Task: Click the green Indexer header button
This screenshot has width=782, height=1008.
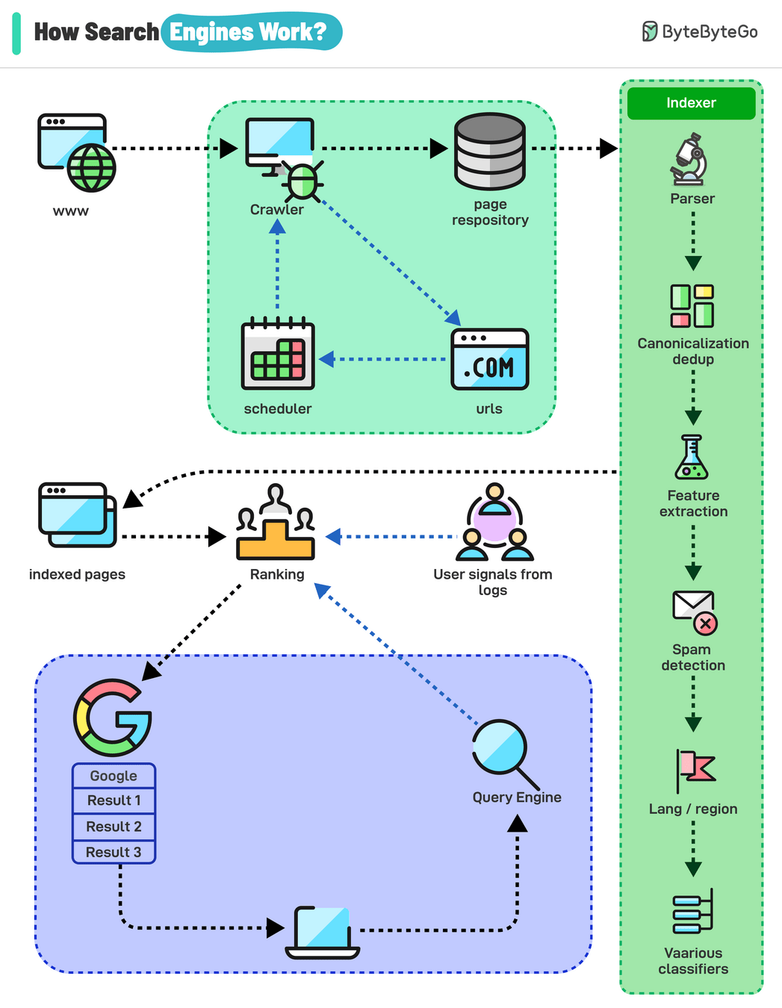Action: (691, 103)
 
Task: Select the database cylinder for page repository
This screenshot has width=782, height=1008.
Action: (490, 152)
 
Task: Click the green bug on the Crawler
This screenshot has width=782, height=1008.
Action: (302, 181)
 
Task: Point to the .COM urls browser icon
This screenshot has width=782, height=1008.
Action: (490, 359)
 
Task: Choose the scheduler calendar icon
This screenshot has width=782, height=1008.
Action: (278, 355)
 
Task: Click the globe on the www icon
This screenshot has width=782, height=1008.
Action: (92, 168)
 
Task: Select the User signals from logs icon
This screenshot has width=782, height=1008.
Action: (494, 523)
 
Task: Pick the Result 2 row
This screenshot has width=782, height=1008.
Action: (114, 827)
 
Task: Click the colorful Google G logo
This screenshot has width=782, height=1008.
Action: (113, 718)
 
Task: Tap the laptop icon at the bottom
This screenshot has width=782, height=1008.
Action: (323, 933)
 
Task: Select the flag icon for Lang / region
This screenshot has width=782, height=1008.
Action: (695, 770)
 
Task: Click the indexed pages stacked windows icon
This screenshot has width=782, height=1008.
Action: (77, 515)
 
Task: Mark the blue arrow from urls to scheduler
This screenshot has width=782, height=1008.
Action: (384, 359)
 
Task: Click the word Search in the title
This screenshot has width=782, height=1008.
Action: (122, 32)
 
